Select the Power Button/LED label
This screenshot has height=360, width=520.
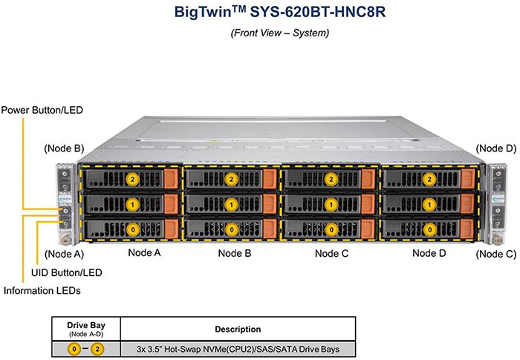[x=42, y=111]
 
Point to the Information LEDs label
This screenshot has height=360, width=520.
[x=42, y=289]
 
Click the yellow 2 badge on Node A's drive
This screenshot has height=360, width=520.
[x=133, y=179]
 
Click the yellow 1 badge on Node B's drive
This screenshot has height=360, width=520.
[x=231, y=203]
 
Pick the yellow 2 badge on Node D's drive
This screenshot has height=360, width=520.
[x=429, y=179]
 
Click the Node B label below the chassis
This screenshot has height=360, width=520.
[x=234, y=253]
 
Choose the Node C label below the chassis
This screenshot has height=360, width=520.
[x=332, y=253]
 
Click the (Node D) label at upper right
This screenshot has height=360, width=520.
[x=495, y=148]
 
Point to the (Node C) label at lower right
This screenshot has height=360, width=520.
[x=495, y=255]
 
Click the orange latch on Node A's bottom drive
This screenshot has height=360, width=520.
[x=170, y=229]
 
